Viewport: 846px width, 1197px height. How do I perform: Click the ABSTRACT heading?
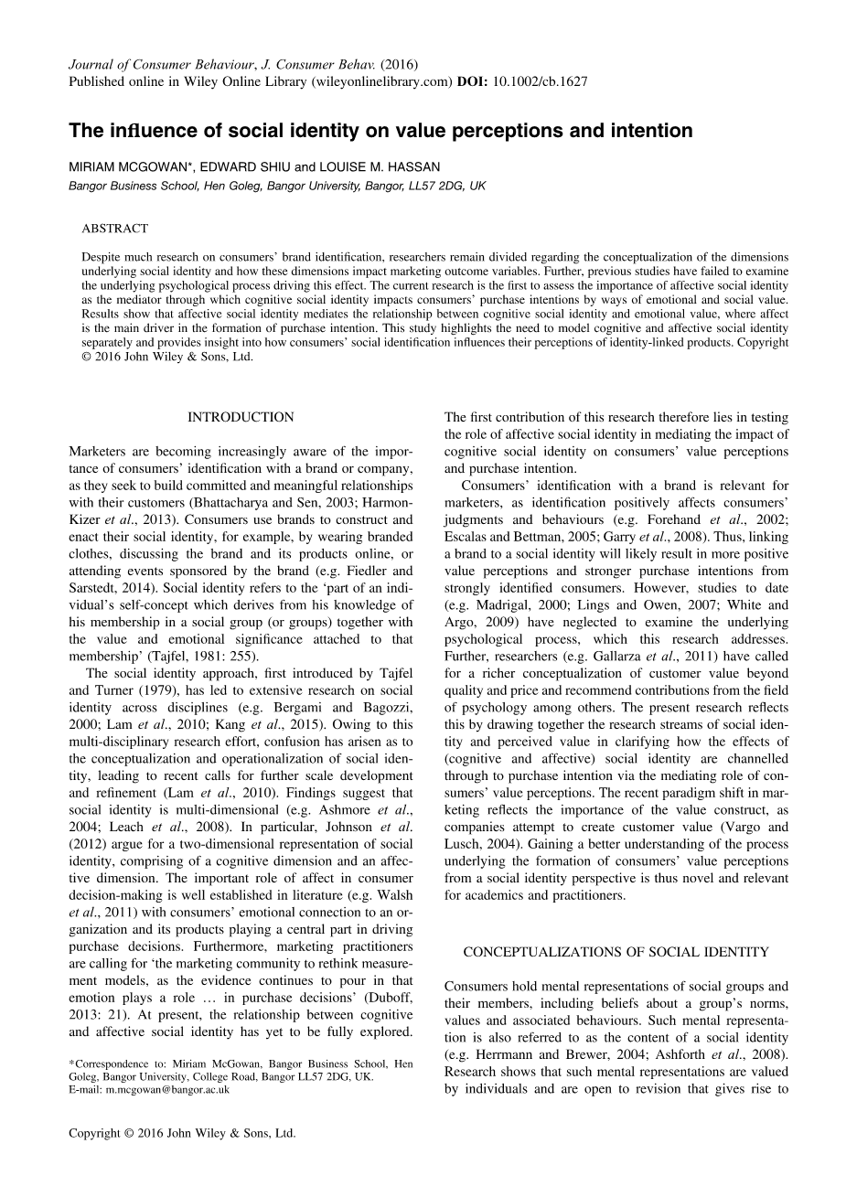[x=114, y=229]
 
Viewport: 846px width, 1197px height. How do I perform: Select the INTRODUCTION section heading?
[x=241, y=417]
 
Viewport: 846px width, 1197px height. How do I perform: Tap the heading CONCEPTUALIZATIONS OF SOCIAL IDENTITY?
[x=616, y=952]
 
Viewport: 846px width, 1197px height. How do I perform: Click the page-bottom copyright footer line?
[x=183, y=1132]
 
